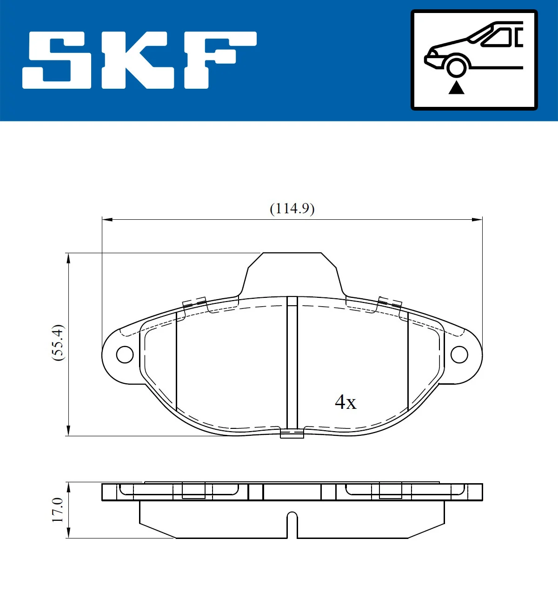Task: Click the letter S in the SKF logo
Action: (58, 60)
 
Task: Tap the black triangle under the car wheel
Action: (456, 87)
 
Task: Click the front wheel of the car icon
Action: (456, 66)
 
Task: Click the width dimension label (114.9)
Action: (292, 209)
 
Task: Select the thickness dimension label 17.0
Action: (58, 510)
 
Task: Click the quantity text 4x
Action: (345, 402)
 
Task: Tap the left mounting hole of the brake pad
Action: (125, 355)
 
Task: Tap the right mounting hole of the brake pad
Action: (459, 355)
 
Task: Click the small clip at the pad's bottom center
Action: (292, 434)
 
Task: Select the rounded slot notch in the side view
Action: (292, 523)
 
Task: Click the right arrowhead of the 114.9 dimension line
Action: (477, 219)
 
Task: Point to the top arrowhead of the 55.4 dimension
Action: (68, 258)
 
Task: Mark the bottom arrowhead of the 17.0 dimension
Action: (68, 533)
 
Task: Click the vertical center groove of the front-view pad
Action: (292, 362)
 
